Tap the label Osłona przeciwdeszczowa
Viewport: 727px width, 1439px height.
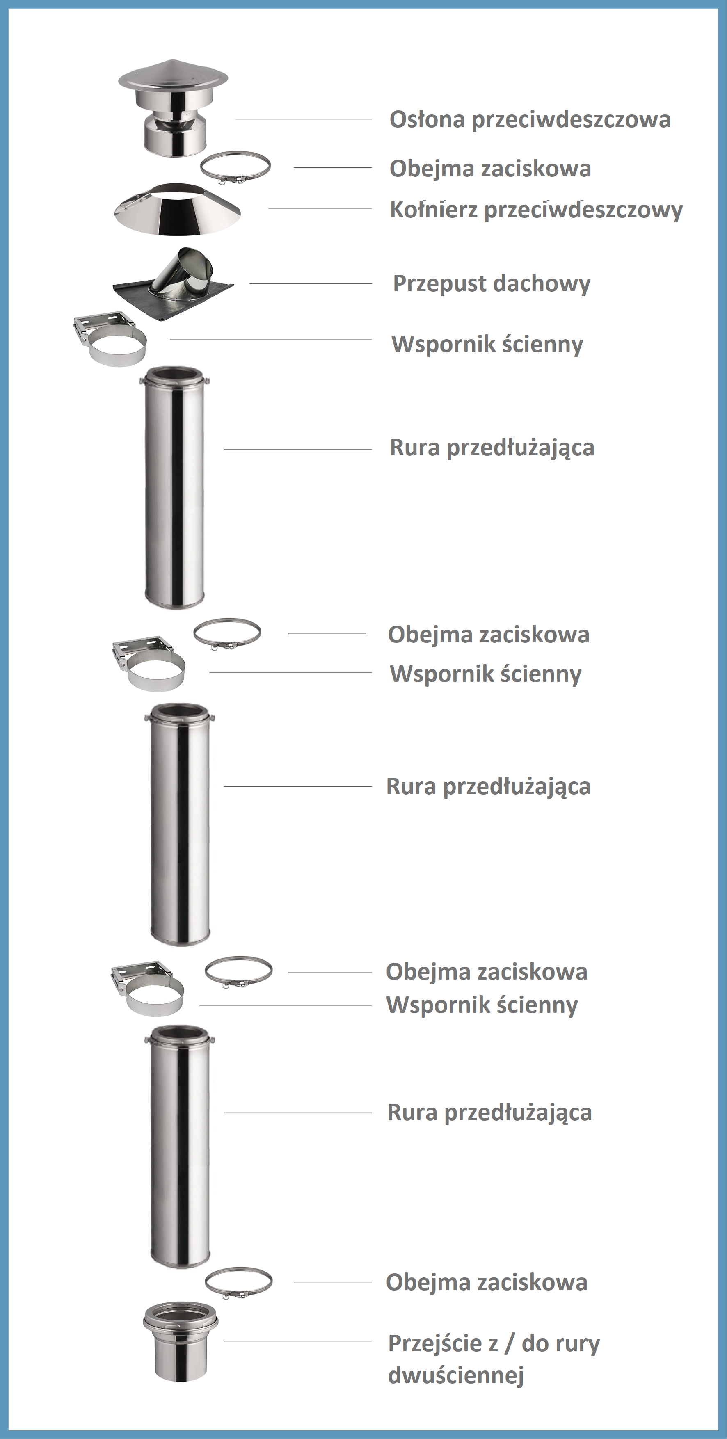pyautogui.click(x=530, y=119)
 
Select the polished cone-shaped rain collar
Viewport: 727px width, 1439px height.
pyautogui.click(x=177, y=210)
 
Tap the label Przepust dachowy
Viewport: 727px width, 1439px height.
pyautogui.click(x=492, y=284)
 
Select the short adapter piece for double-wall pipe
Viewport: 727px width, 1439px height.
pyautogui.click(x=181, y=1342)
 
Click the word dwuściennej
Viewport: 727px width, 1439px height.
pyautogui.click(x=455, y=1375)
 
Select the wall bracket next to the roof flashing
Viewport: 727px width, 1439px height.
pyautogui.click(x=110, y=338)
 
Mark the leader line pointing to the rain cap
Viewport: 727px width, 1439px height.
pyautogui.click(x=304, y=119)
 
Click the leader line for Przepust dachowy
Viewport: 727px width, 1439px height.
pyautogui.click(x=311, y=284)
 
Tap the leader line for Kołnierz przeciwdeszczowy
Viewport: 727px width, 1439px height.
pyautogui.click(x=320, y=209)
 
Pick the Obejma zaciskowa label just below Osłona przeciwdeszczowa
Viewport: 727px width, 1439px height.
pyautogui.click(x=490, y=169)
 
